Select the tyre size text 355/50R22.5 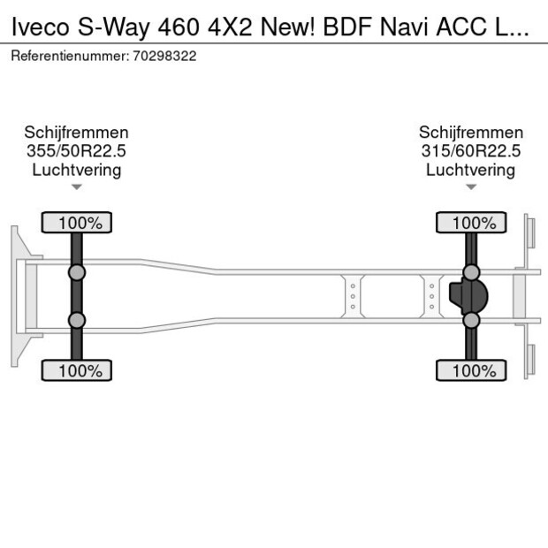click(77, 151)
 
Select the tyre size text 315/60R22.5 click(471, 151)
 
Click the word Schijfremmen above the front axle click(77, 133)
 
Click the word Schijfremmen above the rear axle click(471, 133)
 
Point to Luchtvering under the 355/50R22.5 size click(77, 170)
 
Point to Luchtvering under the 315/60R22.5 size click(471, 170)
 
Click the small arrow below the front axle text click(77, 186)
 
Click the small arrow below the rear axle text click(471, 186)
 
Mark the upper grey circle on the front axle click(77, 271)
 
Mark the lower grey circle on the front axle click(77, 320)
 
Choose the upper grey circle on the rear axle click(471, 271)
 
